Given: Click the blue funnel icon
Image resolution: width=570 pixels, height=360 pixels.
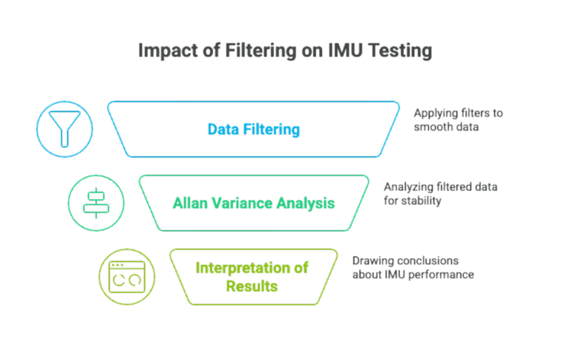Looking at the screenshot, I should tap(65, 129).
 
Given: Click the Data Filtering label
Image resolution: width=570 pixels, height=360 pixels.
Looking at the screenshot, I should tap(254, 130).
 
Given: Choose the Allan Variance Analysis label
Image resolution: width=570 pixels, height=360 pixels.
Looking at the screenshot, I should tap(254, 203).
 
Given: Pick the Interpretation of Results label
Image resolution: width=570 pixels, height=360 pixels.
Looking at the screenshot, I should tap(252, 275).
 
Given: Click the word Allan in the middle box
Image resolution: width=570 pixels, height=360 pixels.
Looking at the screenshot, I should tap(189, 203).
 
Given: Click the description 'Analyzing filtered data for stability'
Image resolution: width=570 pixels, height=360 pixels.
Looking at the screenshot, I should tap(440, 194).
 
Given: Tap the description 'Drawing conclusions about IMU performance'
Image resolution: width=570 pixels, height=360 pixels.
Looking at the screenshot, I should tap(413, 268).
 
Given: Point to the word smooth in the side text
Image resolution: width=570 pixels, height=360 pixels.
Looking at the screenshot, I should tap(434, 127).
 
